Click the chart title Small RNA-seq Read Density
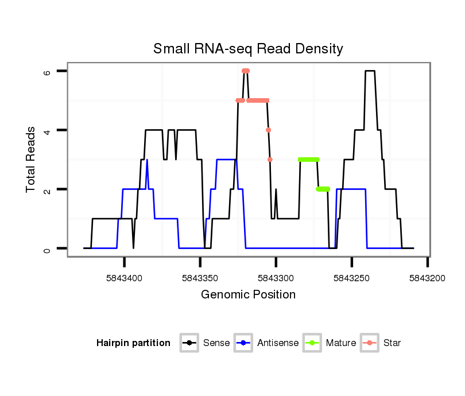click(248, 49)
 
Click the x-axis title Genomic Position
click(248, 295)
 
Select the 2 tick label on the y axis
click(48, 189)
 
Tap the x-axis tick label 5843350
click(200, 278)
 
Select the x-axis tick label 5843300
click(276, 278)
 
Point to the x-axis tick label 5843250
click(352, 278)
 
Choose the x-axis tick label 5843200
click(428, 278)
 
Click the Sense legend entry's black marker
click(189, 343)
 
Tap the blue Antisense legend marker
click(244, 343)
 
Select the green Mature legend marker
click(313, 343)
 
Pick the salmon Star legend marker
click(370, 343)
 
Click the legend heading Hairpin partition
click(133, 343)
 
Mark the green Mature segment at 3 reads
click(309, 160)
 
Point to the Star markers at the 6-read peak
click(246, 71)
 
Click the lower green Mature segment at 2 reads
click(323, 189)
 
